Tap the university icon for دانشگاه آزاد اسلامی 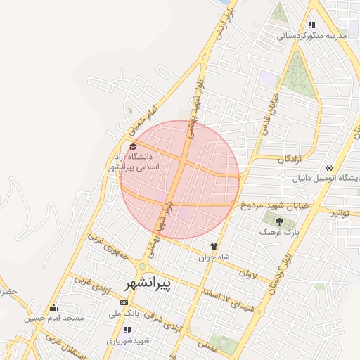(133, 146)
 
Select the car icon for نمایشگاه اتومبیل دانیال (329, 167)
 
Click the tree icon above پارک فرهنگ (279, 222)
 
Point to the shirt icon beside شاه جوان (214, 246)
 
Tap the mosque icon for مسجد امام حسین (53, 307)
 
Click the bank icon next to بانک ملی (124, 302)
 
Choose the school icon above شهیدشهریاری (127, 330)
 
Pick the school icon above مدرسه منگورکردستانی (311, 25)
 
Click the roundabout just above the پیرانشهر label (143, 266)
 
